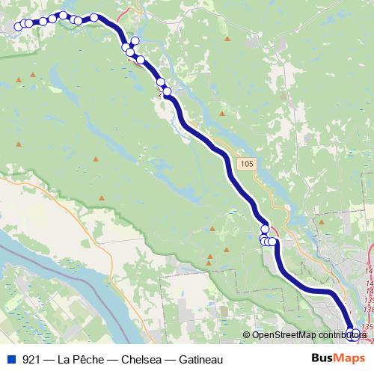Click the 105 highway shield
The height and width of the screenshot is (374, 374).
(x=248, y=162)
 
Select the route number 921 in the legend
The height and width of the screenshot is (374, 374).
(x=31, y=360)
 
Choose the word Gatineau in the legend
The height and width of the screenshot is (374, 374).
(x=196, y=360)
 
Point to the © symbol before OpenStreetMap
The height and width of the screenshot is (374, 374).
(x=246, y=336)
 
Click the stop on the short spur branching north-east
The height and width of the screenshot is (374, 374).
(x=135, y=41)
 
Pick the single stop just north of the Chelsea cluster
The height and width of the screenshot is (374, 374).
(x=265, y=229)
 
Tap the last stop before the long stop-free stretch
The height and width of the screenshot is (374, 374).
(x=167, y=92)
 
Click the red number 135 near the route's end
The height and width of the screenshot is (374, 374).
(x=367, y=327)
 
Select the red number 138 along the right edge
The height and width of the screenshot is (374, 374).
(x=369, y=297)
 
